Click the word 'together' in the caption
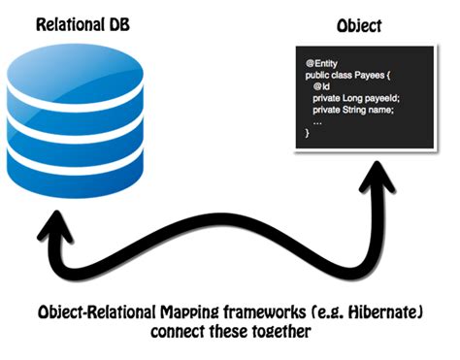[x=283, y=333]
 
